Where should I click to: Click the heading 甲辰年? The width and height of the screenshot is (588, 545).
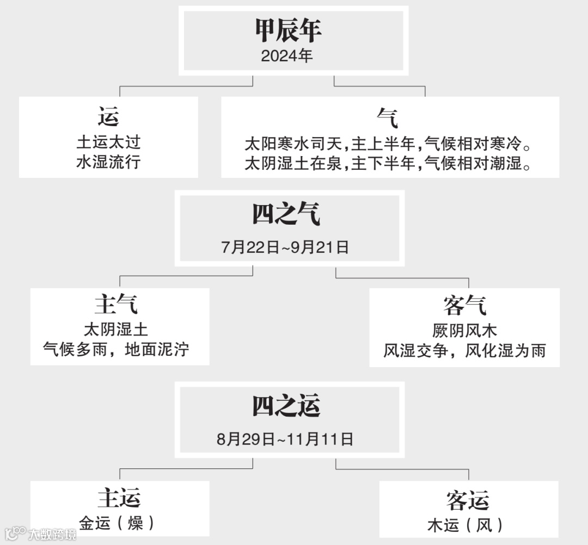coord(288,31)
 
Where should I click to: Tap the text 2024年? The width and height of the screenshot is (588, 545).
coord(287,56)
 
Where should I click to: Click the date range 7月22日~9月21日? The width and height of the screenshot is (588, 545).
coord(285,247)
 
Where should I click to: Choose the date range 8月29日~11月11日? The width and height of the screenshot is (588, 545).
coord(285,439)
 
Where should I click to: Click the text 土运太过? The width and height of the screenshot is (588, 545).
coord(108,143)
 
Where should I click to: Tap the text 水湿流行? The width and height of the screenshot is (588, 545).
coord(108,162)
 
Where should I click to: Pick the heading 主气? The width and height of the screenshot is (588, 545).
coord(116,304)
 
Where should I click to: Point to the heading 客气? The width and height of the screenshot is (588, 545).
coord(464,305)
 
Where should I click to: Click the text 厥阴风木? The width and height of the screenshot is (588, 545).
coord(464,330)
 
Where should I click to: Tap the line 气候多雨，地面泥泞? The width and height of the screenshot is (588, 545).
coord(116,349)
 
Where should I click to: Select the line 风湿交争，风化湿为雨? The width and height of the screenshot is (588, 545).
coord(464,350)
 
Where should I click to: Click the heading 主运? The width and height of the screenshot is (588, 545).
coord(119,498)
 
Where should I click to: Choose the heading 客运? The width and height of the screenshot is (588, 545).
coord(467,499)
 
